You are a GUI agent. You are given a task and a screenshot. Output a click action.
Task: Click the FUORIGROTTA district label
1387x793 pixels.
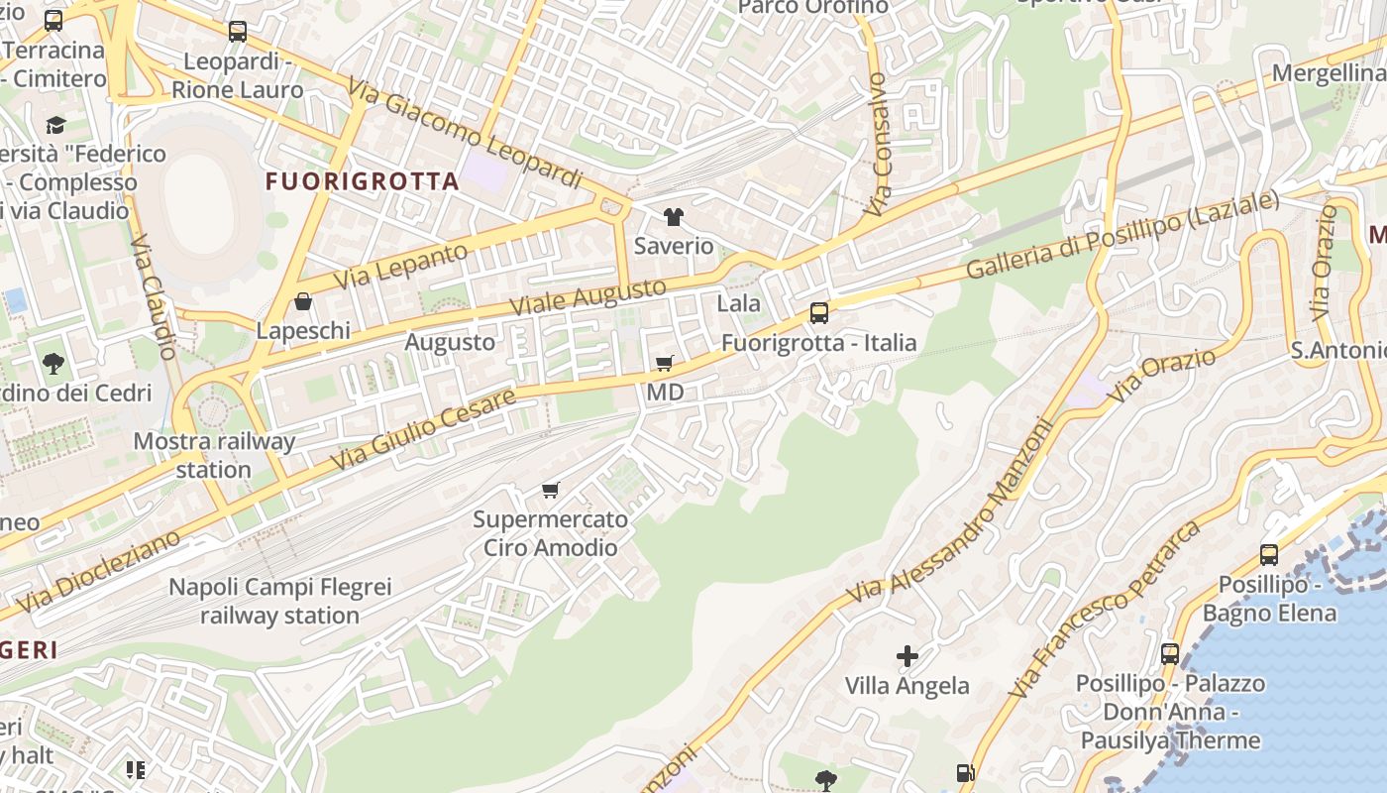(363, 181)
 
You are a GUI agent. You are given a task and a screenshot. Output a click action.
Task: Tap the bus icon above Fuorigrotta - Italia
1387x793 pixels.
(819, 313)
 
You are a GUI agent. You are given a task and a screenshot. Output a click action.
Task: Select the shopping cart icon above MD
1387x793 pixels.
(665, 364)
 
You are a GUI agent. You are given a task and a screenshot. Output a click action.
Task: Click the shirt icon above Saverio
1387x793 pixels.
(674, 217)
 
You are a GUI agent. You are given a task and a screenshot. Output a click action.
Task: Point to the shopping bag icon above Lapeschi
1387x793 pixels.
(303, 301)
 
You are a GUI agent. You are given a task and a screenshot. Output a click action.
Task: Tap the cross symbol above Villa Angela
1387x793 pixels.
(907, 656)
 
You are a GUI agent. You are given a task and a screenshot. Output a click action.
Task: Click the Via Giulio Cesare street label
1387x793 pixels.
(423, 429)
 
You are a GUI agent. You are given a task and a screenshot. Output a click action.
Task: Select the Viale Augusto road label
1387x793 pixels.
(588, 297)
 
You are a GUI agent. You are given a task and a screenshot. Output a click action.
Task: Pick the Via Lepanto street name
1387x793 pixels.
(400, 266)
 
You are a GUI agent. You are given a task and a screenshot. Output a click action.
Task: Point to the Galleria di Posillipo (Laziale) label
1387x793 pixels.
(1122, 235)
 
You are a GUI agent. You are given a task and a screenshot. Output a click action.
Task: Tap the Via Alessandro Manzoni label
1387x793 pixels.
(948, 512)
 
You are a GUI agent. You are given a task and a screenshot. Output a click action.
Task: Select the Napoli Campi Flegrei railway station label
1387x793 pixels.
(279, 601)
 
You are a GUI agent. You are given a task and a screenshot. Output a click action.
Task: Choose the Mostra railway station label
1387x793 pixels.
(214, 455)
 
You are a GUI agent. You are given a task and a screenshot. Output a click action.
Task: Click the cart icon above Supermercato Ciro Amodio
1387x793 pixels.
(551, 490)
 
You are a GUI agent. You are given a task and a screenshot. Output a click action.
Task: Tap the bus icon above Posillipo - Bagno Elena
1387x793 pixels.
(1269, 555)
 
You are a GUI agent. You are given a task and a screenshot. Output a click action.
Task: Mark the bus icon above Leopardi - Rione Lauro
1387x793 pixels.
(238, 32)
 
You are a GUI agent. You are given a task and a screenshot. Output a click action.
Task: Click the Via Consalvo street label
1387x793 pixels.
(878, 144)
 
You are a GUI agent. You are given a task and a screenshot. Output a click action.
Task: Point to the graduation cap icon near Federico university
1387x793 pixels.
(55, 125)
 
